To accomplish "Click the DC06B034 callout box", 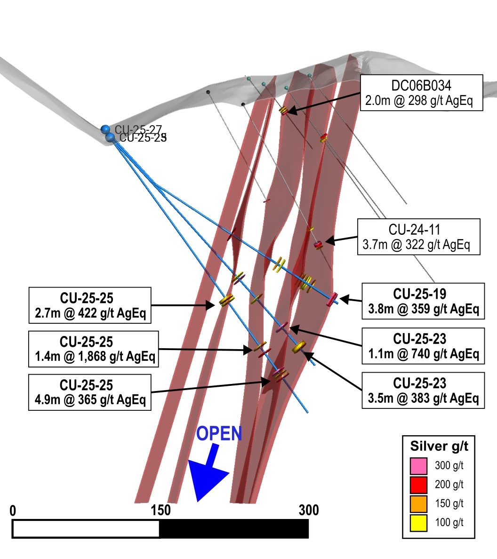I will [421, 93].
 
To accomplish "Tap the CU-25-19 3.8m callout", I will [422, 301].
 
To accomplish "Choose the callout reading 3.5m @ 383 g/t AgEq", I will [422, 390].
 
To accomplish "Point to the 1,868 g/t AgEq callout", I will [92, 349].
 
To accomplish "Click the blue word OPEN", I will [219, 434].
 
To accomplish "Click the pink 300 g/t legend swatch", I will [418, 466].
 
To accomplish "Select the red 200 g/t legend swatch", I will [418, 485].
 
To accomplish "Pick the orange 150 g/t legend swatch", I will [418, 504].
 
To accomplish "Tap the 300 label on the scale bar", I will [309, 511].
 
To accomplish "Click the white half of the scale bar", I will [86, 529].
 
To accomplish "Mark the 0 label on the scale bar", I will [13, 511].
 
